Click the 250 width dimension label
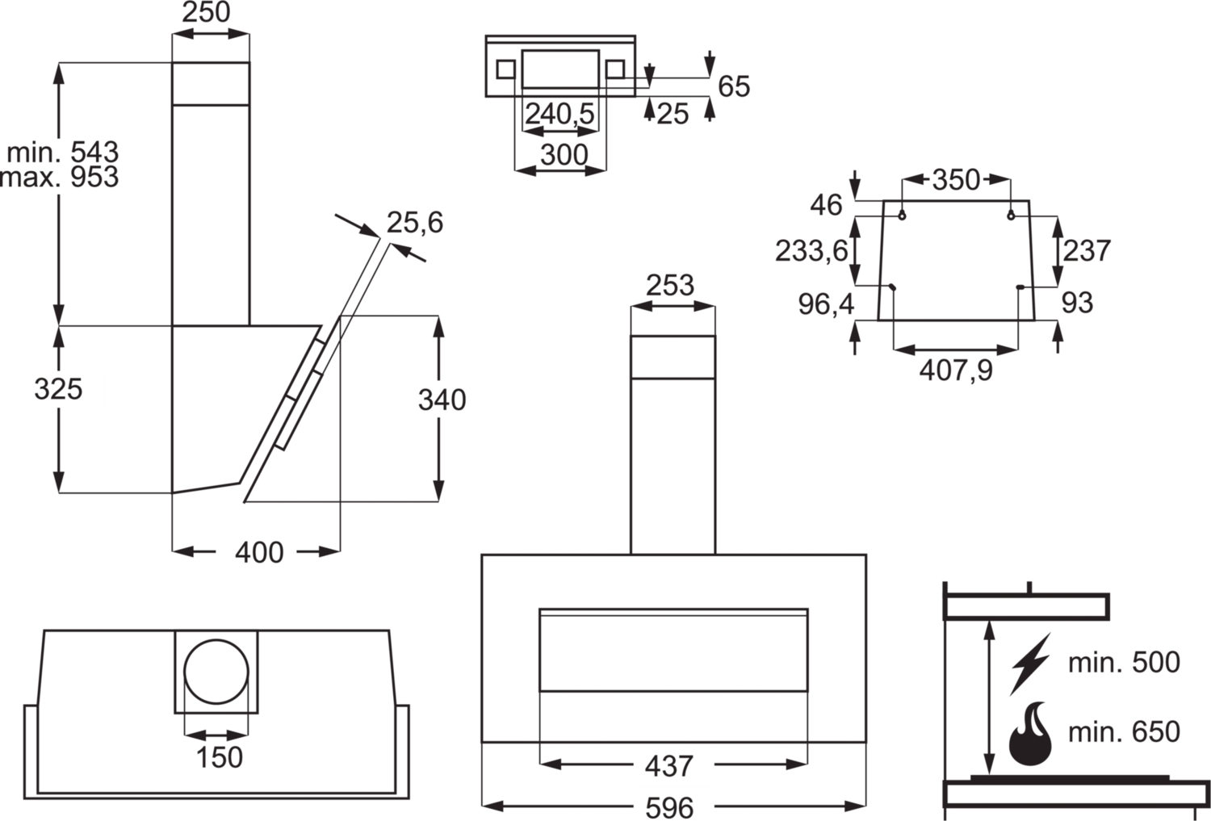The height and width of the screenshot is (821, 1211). pyautogui.click(x=206, y=12)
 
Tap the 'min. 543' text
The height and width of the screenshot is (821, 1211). pyautogui.click(x=63, y=153)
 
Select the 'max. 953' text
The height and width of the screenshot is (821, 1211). pyautogui.click(x=60, y=177)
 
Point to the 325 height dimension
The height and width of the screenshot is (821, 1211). pyautogui.click(x=58, y=389)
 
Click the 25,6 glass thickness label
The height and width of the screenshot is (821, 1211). pyautogui.click(x=415, y=223)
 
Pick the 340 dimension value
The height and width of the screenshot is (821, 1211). pyautogui.click(x=442, y=400)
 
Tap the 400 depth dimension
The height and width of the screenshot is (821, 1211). pyautogui.click(x=259, y=552)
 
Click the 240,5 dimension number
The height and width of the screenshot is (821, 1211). pyautogui.click(x=560, y=115)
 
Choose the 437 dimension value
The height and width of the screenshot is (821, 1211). pyautogui.click(x=669, y=766)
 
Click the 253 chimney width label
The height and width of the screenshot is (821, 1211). pyautogui.click(x=670, y=286)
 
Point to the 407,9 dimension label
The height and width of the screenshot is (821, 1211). pyautogui.click(x=957, y=371)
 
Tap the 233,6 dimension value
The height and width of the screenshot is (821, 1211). pyautogui.click(x=811, y=251)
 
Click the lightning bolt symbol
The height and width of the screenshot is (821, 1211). pyautogui.click(x=1030, y=664)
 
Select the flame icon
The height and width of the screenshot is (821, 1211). pyautogui.click(x=1031, y=734)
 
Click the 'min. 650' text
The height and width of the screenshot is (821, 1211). pyautogui.click(x=1125, y=732)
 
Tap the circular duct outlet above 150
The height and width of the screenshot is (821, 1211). pyautogui.click(x=216, y=672)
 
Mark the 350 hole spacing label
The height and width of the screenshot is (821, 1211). pyautogui.click(x=956, y=180)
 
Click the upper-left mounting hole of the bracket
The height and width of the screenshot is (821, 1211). pyautogui.click(x=902, y=216)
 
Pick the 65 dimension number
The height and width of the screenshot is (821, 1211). pyautogui.click(x=734, y=86)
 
